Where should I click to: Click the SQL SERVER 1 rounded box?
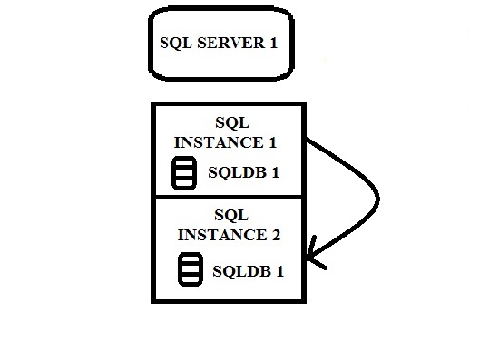coord(221,44)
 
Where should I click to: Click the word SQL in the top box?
coord(176,43)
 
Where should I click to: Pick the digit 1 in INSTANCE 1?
coord(272,142)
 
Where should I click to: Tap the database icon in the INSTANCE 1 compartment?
coord(184,173)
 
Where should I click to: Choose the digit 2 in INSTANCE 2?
coord(274,235)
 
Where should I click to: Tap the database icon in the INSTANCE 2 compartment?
coord(190,269)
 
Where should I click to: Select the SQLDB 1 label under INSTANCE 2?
coord(248,270)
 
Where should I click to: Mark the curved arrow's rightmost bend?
coord(376,198)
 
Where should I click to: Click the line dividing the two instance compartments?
coord(229,195)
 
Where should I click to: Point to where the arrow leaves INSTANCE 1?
coord(307,141)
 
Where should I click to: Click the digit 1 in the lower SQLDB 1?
coord(279,270)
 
